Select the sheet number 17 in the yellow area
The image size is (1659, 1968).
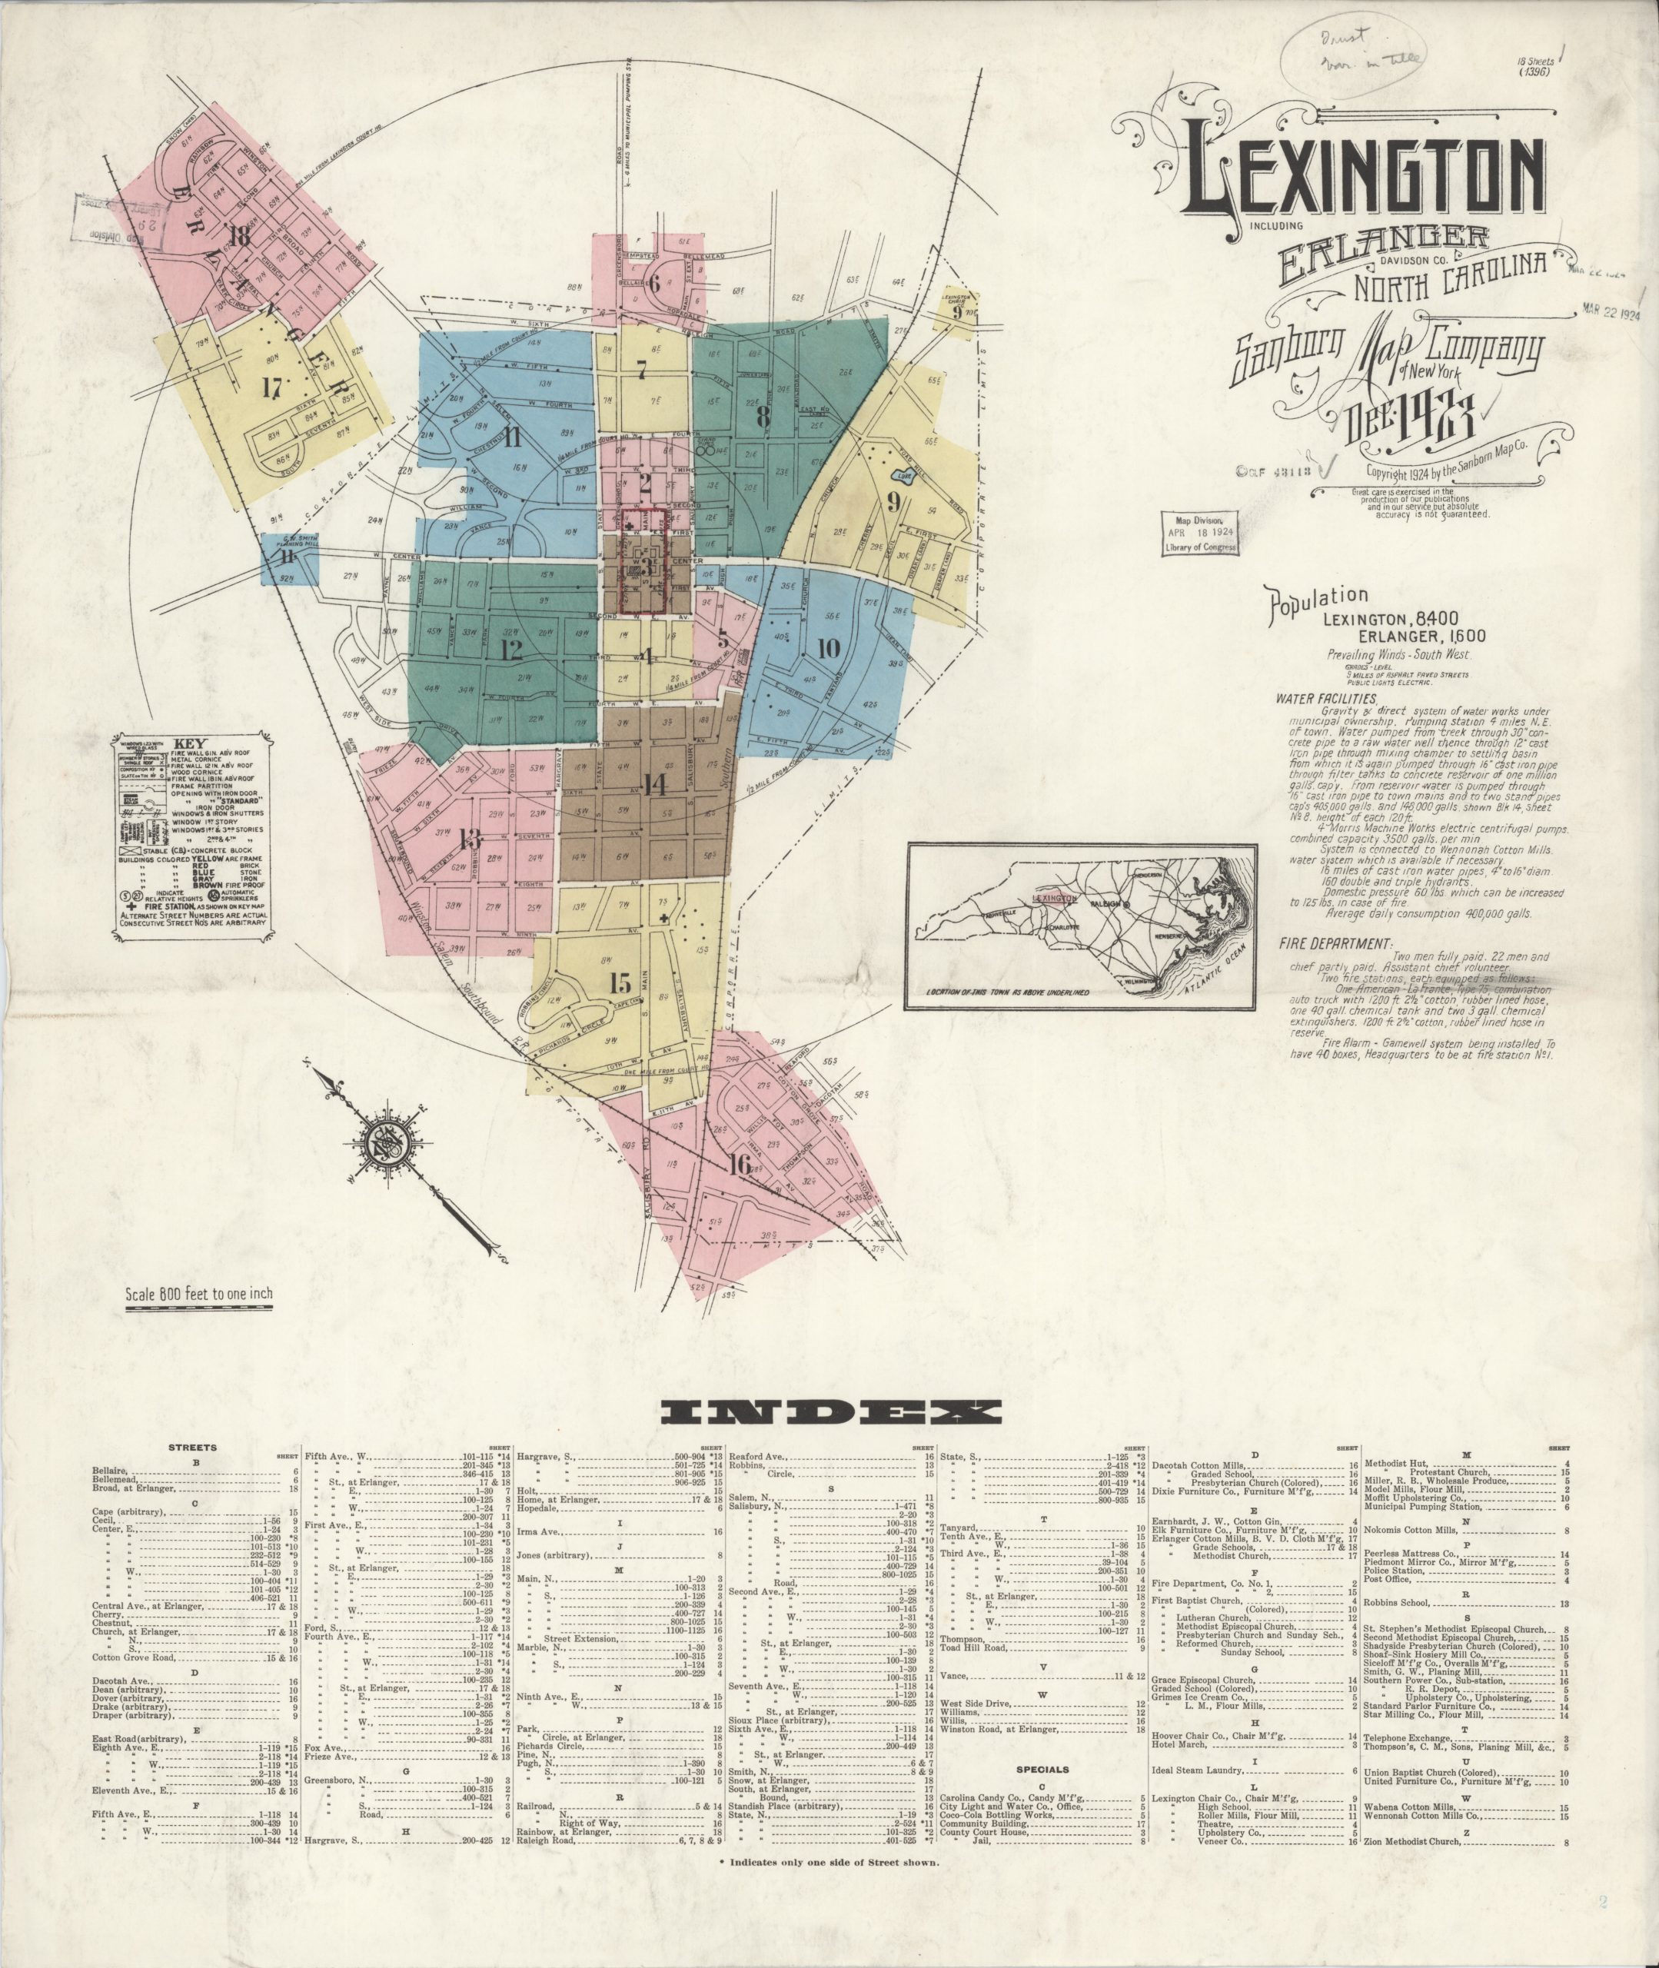274,385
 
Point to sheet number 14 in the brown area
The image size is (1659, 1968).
656,783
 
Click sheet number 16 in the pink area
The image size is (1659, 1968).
740,1164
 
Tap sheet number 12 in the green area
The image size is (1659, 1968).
512,650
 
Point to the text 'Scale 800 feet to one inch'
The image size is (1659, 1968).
199,1294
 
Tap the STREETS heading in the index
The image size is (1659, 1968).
193,1447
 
